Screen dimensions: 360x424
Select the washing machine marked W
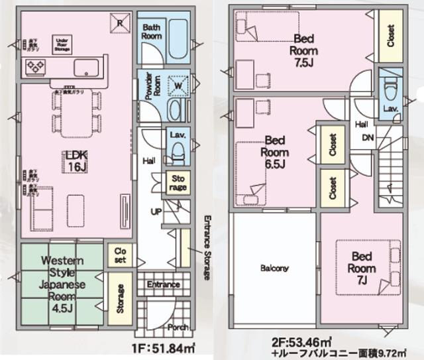coord(178,84)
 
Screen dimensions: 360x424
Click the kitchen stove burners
coord(35,66)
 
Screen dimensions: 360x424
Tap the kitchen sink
coord(85,68)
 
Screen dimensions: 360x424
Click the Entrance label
coord(164,284)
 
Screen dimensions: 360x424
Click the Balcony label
coord(274,269)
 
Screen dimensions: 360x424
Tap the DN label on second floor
coord(366,137)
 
